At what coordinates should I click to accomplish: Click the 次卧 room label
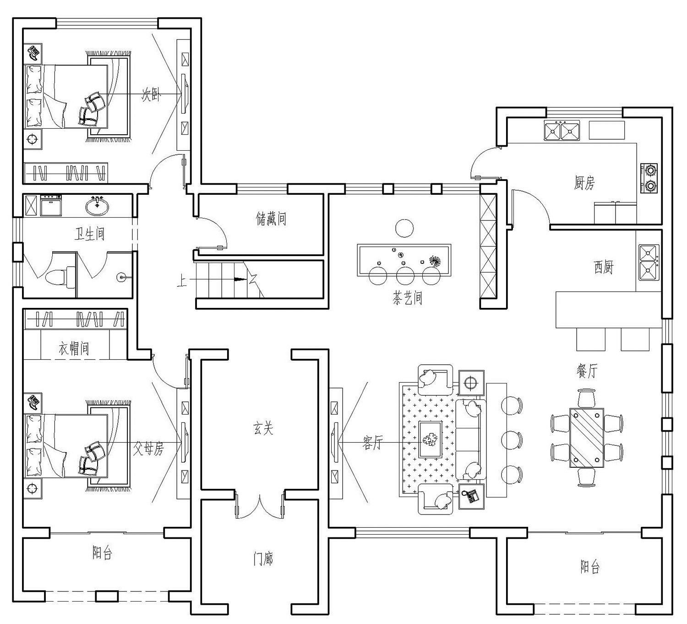tap(151, 95)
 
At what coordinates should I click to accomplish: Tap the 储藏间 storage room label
tap(271, 219)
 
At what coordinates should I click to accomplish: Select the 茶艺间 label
tap(407, 298)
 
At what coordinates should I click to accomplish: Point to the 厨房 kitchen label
tap(584, 183)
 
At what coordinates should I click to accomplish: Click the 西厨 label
tap(603, 267)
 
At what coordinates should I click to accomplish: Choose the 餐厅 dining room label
tap(587, 371)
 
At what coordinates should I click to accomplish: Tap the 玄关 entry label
tap(263, 428)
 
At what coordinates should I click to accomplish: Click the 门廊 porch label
tap(263, 559)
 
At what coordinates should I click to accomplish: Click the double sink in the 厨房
tap(562, 131)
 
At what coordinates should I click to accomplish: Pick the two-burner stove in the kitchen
tap(649, 178)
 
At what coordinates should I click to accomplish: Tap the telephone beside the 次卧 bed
tap(34, 53)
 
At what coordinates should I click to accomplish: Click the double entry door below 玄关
tap(259, 505)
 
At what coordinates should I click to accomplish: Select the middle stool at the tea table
tap(405, 276)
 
